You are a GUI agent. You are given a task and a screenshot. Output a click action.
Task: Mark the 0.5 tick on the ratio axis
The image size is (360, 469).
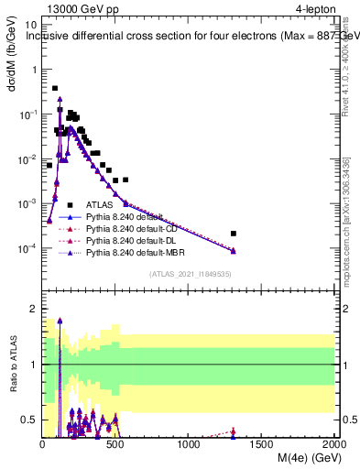(32, 420)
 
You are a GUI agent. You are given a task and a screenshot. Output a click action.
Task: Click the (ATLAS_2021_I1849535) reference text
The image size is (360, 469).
(189, 273)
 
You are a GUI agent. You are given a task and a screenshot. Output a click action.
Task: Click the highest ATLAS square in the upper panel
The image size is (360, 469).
(55, 89)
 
